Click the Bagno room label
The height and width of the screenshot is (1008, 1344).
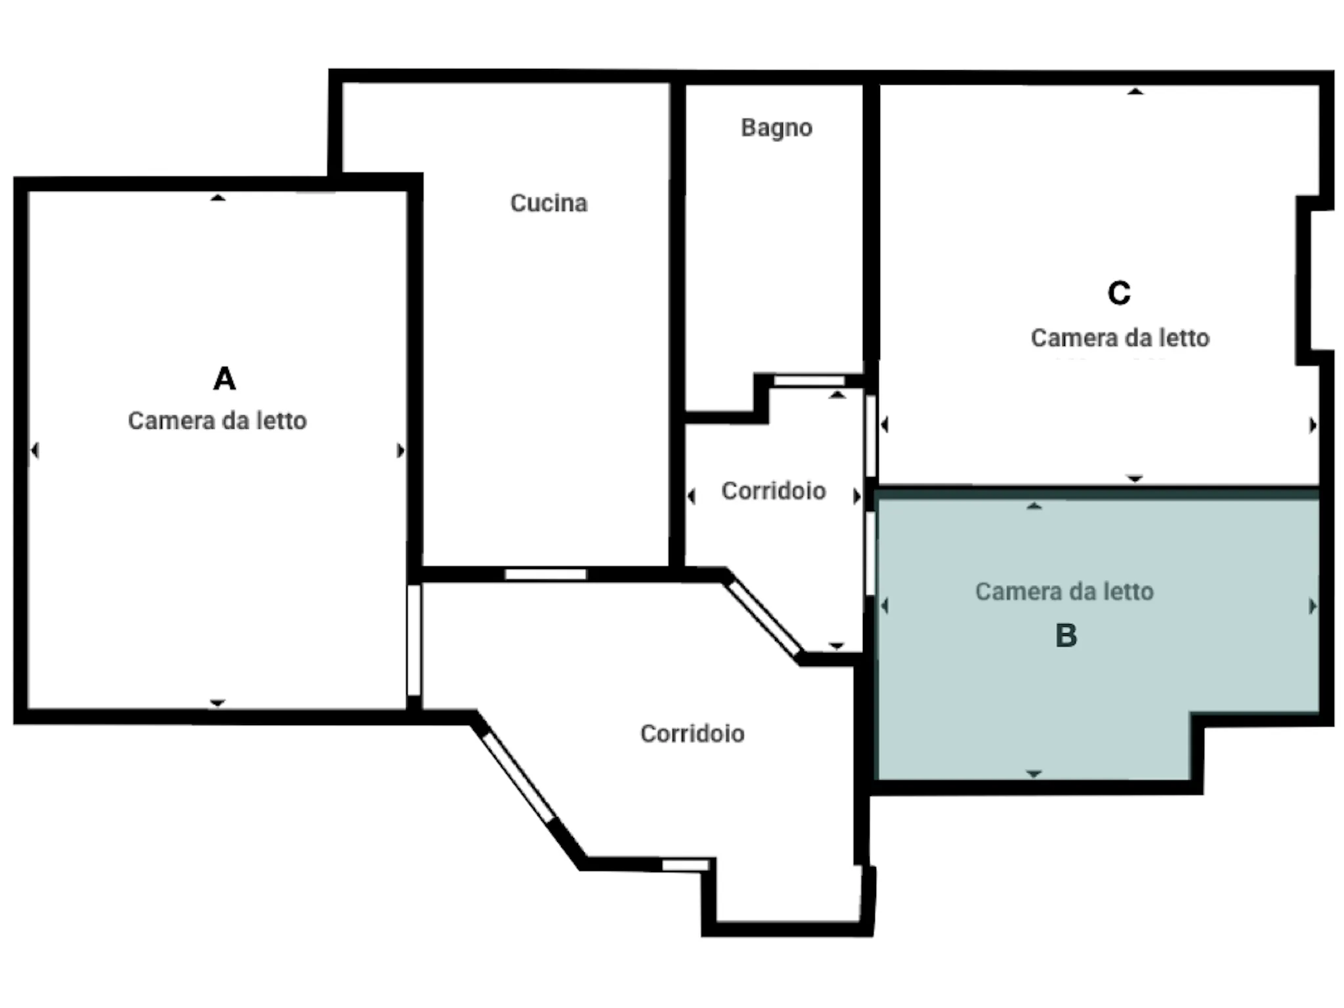click(776, 127)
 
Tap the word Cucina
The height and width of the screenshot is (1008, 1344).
click(549, 203)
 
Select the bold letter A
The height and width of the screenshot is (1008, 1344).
click(224, 379)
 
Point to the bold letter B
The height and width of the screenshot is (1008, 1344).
click(1066, 635)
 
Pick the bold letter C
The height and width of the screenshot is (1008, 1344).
click(1119, 293)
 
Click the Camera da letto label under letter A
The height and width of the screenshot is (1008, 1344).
click(217, 421)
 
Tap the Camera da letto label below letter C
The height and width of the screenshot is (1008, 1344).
click(1120, 338)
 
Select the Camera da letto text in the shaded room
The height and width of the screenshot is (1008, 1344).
click(1064, 591)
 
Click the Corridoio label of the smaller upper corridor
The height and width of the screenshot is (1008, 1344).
click(774, 491)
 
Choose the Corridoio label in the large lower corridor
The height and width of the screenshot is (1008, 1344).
click(692, 734)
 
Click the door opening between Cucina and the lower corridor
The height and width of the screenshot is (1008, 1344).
click(545, 574)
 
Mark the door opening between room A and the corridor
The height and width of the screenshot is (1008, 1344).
click(413, 640)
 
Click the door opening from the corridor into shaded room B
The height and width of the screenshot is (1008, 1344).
click(871, 553)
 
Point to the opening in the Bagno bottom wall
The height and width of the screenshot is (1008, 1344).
click(809, 381)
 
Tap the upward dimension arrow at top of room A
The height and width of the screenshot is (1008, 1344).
click(218, 198)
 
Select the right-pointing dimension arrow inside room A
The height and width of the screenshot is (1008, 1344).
click(401, 451)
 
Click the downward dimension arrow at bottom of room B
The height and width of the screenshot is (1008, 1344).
click(1034, 774)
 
